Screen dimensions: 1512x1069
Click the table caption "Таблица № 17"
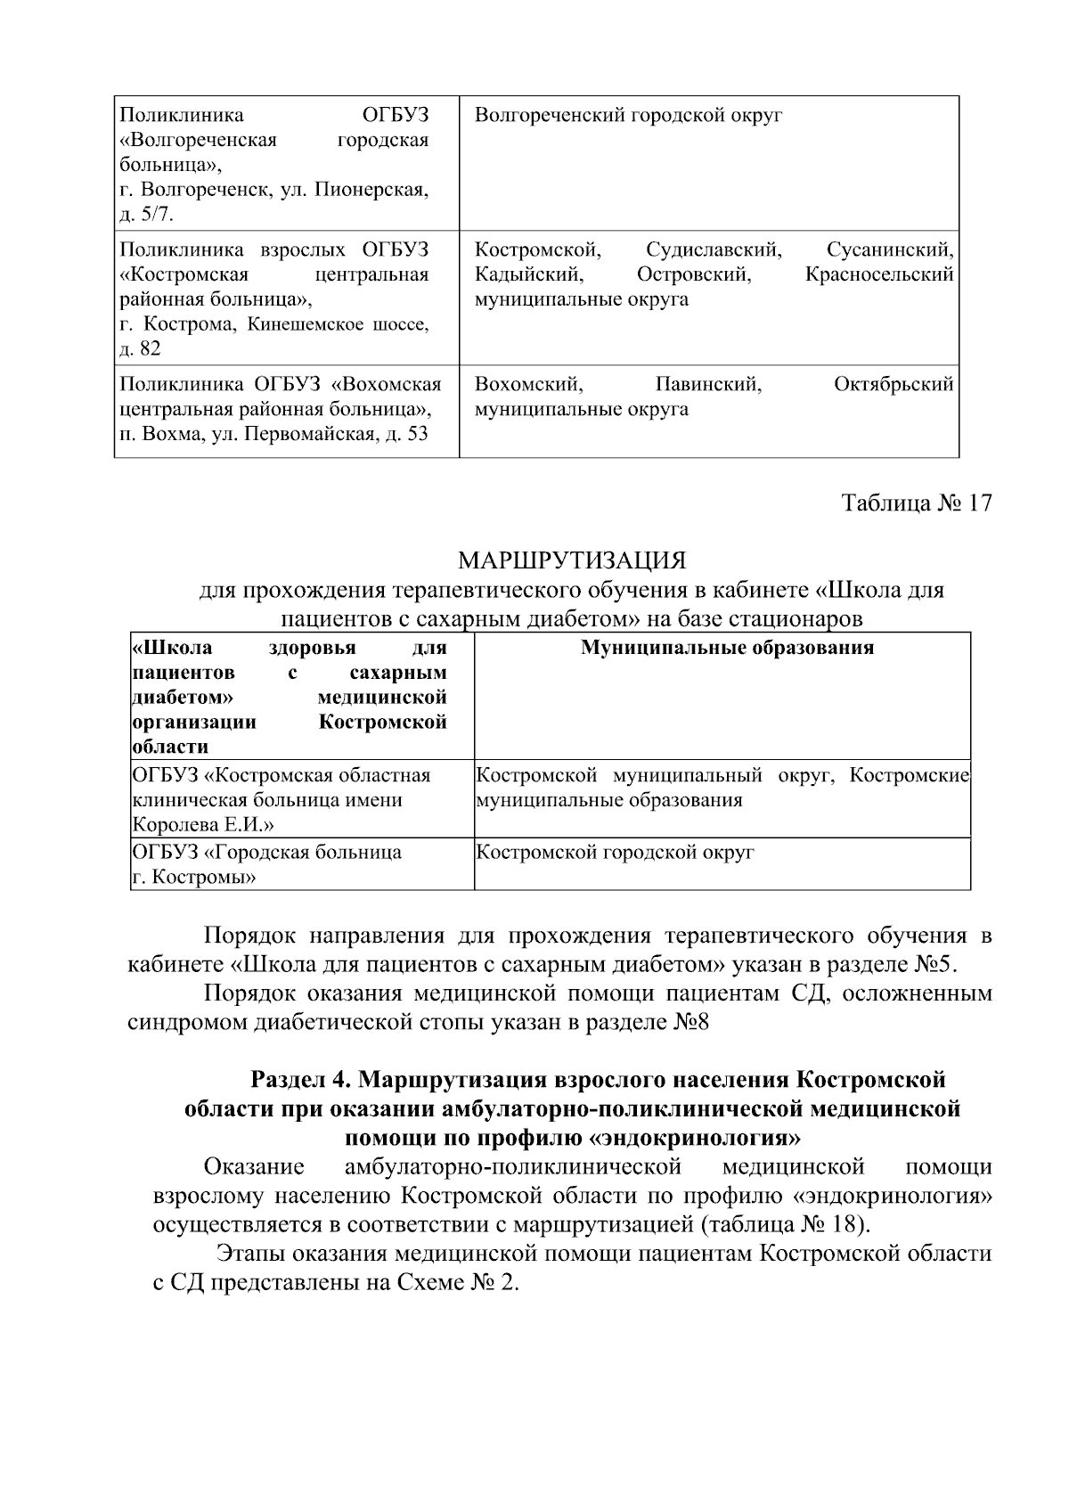click(x=917, y=503)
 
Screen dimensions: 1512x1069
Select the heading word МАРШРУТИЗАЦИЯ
click(x=572, y=561)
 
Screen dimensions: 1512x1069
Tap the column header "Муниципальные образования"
click(x=727, y=648)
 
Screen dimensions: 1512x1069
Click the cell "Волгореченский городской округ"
click(x=628, y=116)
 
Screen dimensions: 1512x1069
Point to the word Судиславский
click(x=714, y=249)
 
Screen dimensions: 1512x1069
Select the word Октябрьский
click(x=894, y=385)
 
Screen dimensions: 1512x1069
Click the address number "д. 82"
click(x=140, y=349)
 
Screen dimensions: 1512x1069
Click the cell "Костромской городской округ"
click(x=616, y=853)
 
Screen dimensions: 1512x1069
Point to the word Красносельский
click(x=879, y=274)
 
